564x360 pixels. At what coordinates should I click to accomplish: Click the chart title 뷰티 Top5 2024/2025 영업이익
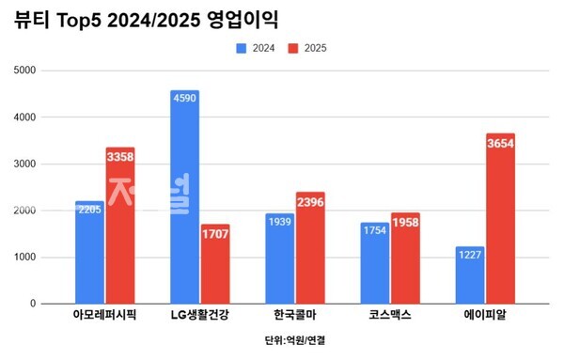151,19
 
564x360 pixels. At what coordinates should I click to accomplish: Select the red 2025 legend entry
307,47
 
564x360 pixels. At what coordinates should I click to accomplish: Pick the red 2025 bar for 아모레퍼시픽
119,226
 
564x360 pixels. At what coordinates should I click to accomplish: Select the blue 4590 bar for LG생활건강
184,197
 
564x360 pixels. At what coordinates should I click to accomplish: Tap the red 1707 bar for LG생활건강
214,264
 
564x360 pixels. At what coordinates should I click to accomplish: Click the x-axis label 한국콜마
294,315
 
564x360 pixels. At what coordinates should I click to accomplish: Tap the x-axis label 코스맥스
389,315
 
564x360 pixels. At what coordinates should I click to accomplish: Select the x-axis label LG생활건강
199,315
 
